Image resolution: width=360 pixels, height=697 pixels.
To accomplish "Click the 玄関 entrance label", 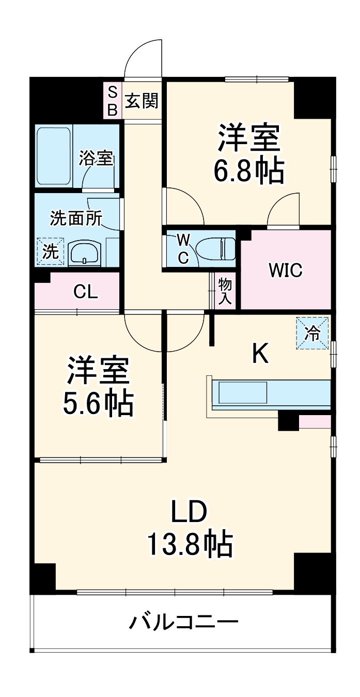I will click(142, 101).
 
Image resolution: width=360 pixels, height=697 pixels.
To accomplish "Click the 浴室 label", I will click(96, 159).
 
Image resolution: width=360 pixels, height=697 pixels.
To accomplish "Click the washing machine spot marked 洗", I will click(50, 252).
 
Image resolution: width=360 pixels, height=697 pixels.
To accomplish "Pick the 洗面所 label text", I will click(75, 218).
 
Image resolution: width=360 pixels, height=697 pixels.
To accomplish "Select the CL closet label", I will click(85, 292).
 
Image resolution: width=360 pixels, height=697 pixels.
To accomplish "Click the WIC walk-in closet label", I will click(285, 270).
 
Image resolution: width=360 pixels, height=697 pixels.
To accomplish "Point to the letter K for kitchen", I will click(260, 354).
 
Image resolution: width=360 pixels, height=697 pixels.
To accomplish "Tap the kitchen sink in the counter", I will click(243, 393).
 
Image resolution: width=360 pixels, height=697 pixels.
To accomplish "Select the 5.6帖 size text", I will click(98, 404).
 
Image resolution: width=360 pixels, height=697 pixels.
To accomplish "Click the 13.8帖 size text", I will click(190, 544).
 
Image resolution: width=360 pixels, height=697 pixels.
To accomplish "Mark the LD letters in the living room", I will click(189, 512).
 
